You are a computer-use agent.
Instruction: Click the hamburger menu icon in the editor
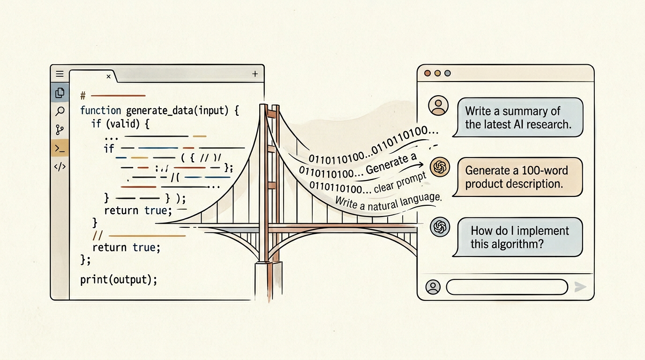pos(60,74)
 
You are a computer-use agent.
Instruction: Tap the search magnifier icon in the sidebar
pos(60,111)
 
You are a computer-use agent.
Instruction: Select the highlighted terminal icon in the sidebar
pos(60,148)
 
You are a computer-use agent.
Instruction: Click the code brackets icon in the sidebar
pos(60,167)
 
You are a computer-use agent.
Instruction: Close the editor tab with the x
pos(108,76)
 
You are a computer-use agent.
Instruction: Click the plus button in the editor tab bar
pos(255,74)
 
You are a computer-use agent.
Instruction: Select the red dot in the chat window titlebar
pos(427,74)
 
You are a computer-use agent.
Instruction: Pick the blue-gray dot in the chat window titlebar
pos(448,74)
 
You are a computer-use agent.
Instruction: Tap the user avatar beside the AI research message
pos(438,106)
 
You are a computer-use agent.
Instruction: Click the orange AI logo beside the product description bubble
pos(440,166)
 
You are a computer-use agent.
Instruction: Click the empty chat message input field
pos(507,287)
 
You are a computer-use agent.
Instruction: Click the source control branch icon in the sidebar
pos(60,130)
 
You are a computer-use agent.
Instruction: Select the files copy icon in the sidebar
pos(60,93)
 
